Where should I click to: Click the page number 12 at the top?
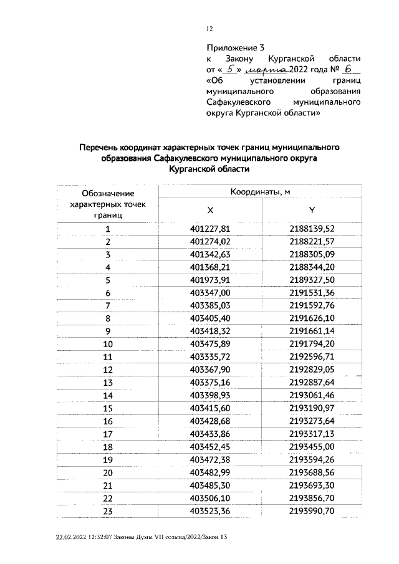point(209,28)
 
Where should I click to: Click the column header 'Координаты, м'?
point(261,192)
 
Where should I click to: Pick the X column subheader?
point(210,210)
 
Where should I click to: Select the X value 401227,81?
point(210,229)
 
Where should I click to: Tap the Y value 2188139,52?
point(312,229)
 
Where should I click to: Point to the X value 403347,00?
point(210,293)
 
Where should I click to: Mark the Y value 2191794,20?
point(312,344)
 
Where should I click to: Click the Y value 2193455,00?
point(312,447)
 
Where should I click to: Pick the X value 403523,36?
point(210,511)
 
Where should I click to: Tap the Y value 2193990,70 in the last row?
point(312,511)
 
